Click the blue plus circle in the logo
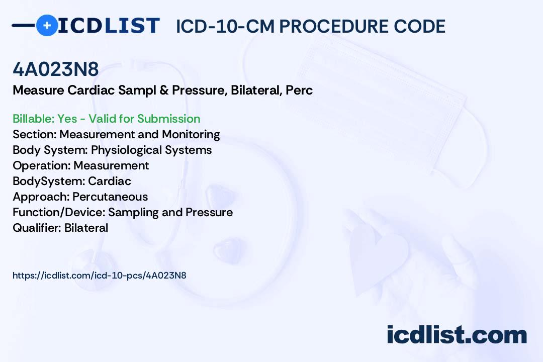pyautogui.click(x=47, y=25)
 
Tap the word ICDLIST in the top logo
pyautogui.click(x=109, y=26)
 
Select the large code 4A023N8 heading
pyautogui.click(x=56, y=69)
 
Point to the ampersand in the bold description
pyautogui.click(x=164, y=90)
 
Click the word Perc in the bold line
pyautogui.click(x=299, y=90)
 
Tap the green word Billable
pyautogui.click(x=32, y=119)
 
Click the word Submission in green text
pyautogui.click(x=168, y=119)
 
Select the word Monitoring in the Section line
pyautogui.click(x=191, y=134)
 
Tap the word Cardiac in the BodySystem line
pyautogui.click(x=110, y=181)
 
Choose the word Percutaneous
pyautogui.click(x=110, y=197)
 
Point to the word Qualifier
pyautogui.click(x=37, y=228)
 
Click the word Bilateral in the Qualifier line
pyautogui.click(x=86, y=228)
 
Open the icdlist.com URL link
pyautogui.click(x=100, y=276)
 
